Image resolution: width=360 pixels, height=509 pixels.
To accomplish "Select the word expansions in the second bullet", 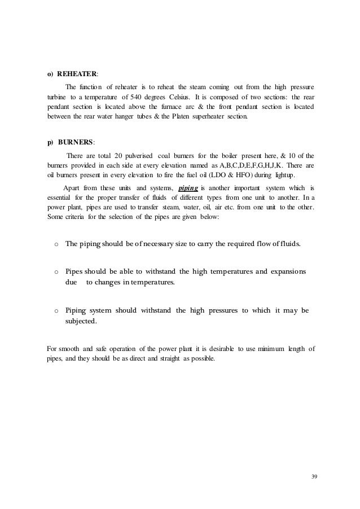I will click(x=284, y=271).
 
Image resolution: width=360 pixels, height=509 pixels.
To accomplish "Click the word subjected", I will click(x=81, y=322).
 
